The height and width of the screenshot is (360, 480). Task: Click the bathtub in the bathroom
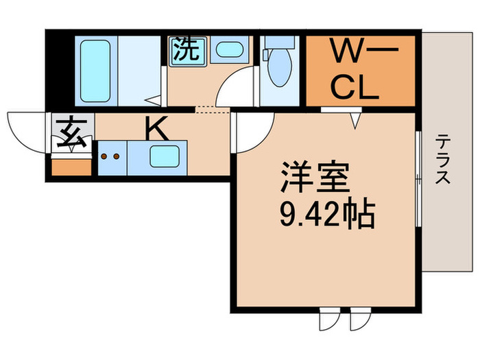pyautogui.click(x=95, y=71)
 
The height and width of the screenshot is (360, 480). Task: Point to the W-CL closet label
pyautogui.click(x=360, y=70)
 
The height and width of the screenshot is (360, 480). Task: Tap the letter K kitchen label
pyautogui.click(x=157, y=129)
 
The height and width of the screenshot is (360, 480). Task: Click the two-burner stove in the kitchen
pyautogui.click(x=110, y=157)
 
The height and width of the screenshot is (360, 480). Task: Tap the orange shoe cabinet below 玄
pyautogui.click(x=71, y=165)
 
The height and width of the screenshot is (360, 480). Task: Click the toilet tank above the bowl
pyautogui.click(x=278, y=43)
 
